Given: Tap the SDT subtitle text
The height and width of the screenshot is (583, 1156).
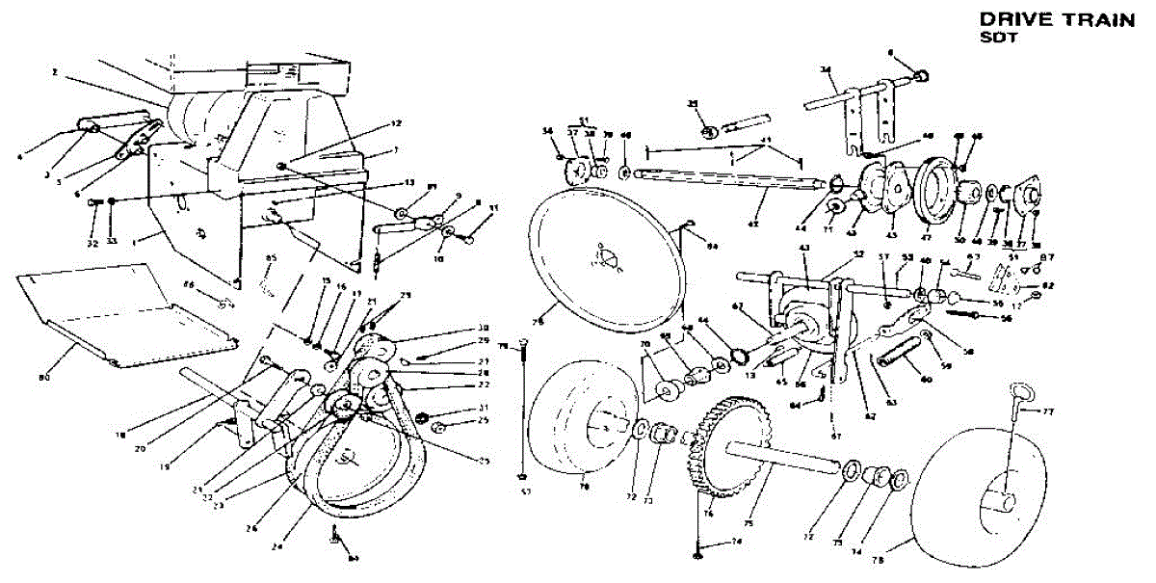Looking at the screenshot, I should click(x=993, y=37).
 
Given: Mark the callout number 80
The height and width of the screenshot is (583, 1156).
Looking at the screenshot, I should click(x=43, y=378).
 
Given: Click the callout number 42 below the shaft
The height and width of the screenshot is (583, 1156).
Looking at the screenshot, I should click(x=753, y=225).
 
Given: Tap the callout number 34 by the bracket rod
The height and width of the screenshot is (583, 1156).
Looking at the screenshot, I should click(x=826, y=69).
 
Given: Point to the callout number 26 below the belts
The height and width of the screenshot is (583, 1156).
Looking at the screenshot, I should click(x=253, y=527).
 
